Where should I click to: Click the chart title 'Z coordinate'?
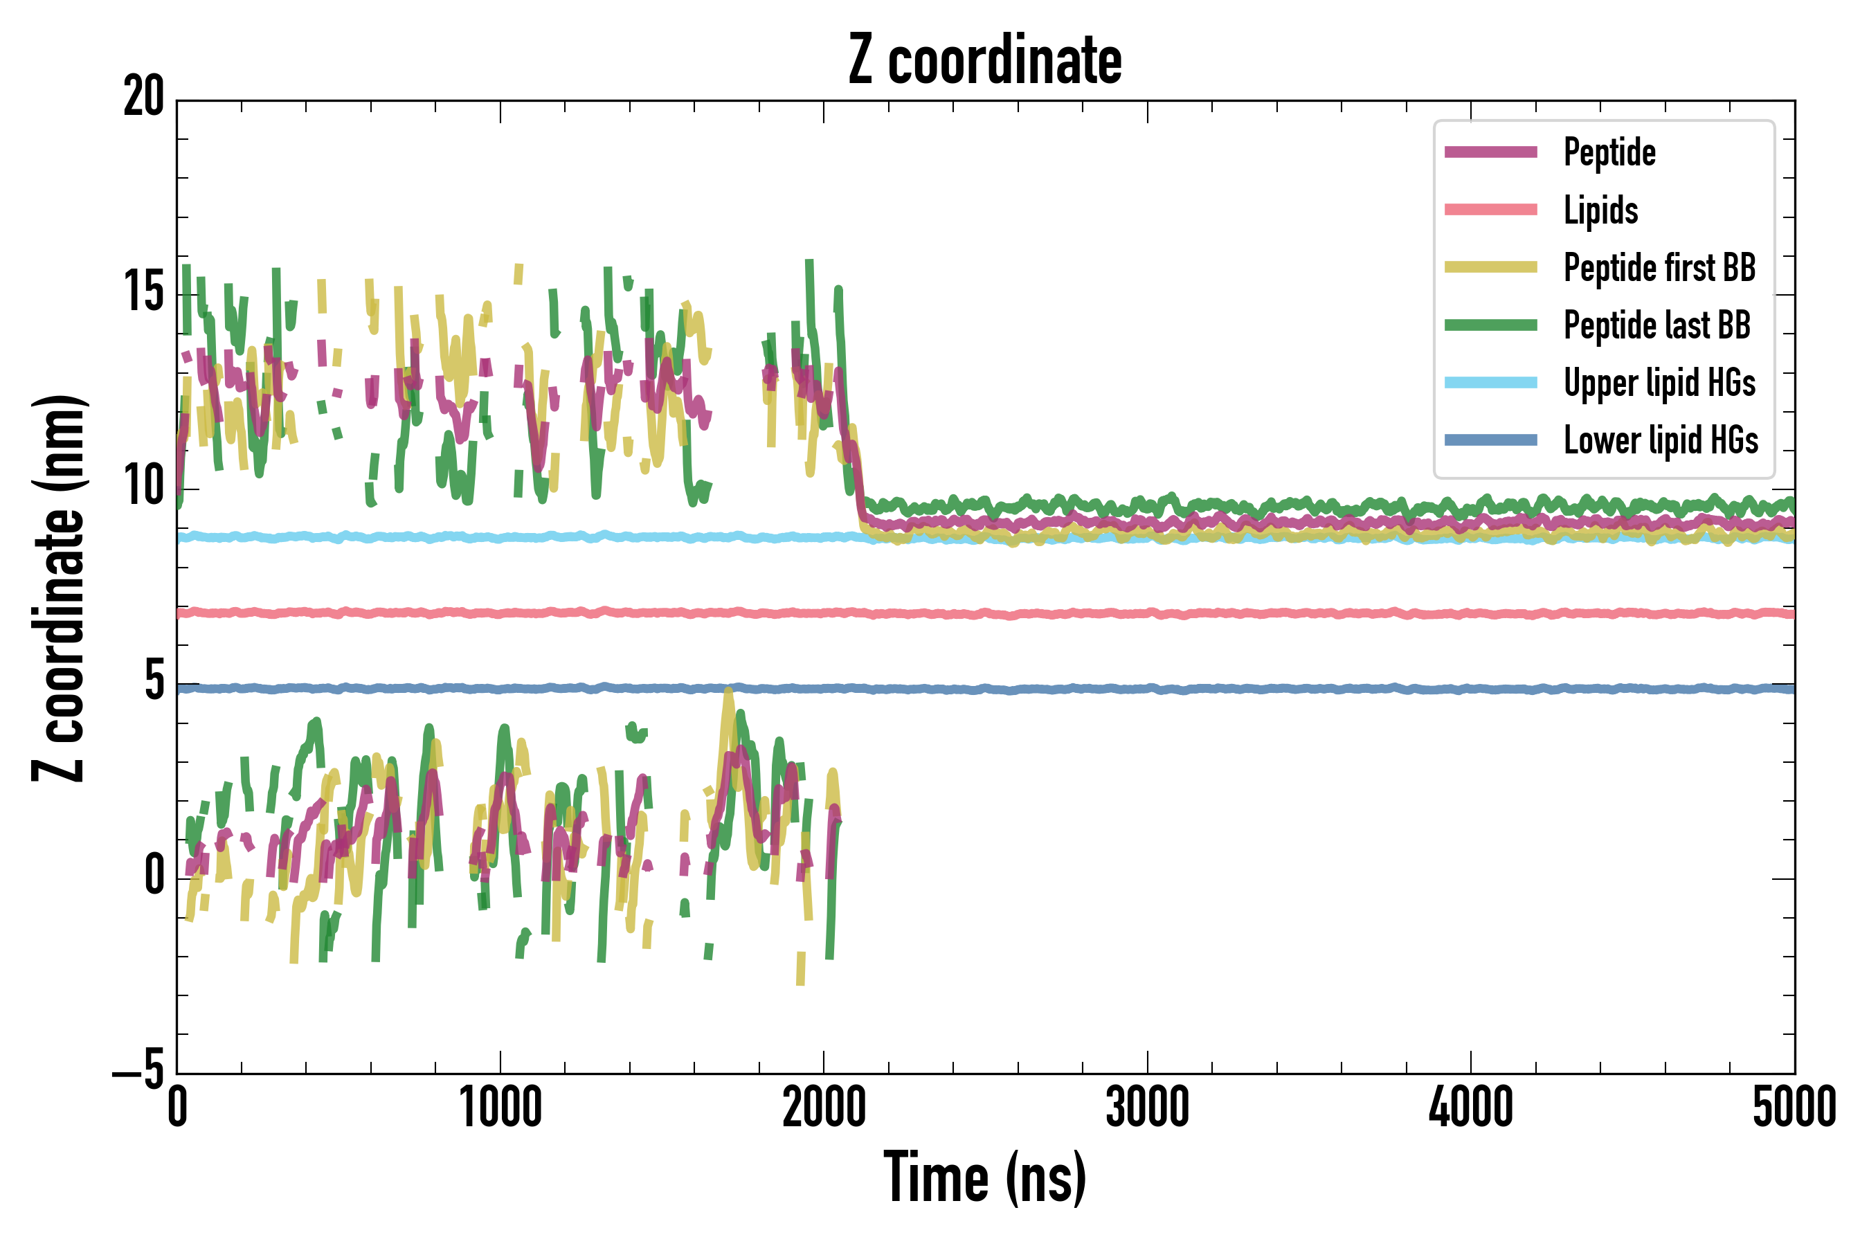(984, 60)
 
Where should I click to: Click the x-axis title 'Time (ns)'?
(984, 1177)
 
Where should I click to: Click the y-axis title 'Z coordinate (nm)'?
(59, 587)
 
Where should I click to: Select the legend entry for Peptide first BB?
(1659, 268)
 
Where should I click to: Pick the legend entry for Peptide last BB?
(1656, 325)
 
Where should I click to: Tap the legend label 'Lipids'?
(1600, 210)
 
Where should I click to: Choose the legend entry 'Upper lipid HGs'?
(1659, 383)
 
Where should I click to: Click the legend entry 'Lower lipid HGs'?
(1661, 440)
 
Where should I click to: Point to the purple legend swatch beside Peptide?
(1491, 152)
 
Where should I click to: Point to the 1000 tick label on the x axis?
(500, 1107)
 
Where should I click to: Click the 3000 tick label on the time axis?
(1148, 1107)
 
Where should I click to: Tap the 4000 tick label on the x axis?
(1471, 1107)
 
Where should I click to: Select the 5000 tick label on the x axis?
(1794, 1107)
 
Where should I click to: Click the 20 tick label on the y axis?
(144, 97)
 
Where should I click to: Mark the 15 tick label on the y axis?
(144, 291)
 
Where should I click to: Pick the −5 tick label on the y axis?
(138, 1070)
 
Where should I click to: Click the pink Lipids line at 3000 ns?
(1148, 613)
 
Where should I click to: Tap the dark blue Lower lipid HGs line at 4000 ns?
(1471, 689)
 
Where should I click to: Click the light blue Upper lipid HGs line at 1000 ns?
(500, 538)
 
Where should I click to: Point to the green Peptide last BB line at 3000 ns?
(1148, 506)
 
